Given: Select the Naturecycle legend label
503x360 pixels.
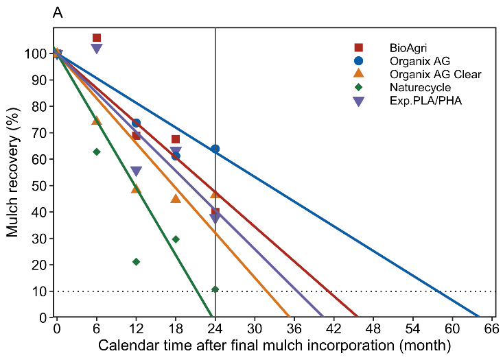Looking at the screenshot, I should [x=420, y=87].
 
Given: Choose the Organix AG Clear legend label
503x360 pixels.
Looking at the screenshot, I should [x=435, y=74].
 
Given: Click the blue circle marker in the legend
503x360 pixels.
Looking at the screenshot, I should [x=358, y=61].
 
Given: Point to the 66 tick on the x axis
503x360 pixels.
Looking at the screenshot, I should [x=491, y=328].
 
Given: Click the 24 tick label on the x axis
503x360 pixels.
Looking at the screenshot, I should [x=215, y=328].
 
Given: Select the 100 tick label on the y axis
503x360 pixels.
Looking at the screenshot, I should [x=38, y=53].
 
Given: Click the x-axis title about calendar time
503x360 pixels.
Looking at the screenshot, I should [x=274, y=345].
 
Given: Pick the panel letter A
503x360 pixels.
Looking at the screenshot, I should [x=58, y=13].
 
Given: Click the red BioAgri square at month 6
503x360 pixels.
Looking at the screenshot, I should [x=97, y=38].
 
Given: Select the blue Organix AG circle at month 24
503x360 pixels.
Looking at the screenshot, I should [x=215, y=149].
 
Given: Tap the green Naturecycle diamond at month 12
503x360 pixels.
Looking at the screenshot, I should [x=136, y=262].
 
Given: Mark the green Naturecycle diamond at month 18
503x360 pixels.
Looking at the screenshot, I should [x=176, y=239].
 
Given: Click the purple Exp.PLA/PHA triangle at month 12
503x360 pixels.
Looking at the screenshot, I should [x=136, y=171].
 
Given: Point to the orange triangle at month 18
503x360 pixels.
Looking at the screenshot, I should [x=176, y=198].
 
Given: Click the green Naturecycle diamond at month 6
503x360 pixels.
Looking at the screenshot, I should [x=97, y=152].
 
